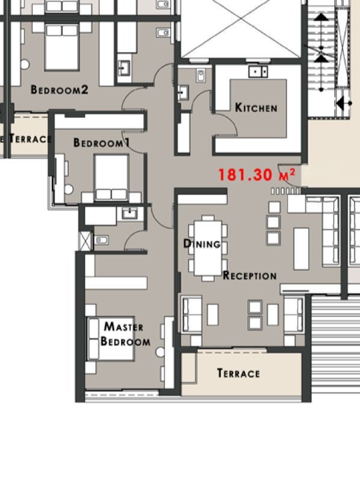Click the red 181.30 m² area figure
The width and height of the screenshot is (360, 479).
coord(256,175)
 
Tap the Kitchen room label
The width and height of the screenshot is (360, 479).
coord(256,108)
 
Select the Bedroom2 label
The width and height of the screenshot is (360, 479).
coord(60,90)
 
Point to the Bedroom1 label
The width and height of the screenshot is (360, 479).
coord(102,143)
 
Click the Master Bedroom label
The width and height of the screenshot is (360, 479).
coord(125,334)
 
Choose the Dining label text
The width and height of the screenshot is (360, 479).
coord(202,244)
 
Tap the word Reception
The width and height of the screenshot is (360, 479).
coord(250,275)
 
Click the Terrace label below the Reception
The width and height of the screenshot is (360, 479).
coord(238,373)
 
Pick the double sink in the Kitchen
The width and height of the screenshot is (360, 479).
coord(258,72)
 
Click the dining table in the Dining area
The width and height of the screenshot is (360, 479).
coord(208,248)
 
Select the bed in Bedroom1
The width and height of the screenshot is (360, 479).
coord(111,178)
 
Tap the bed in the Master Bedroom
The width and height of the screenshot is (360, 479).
coord(111,338)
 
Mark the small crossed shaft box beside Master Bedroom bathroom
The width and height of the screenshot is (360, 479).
coord(85,241)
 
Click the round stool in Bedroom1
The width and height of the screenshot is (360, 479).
coord(69,189)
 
